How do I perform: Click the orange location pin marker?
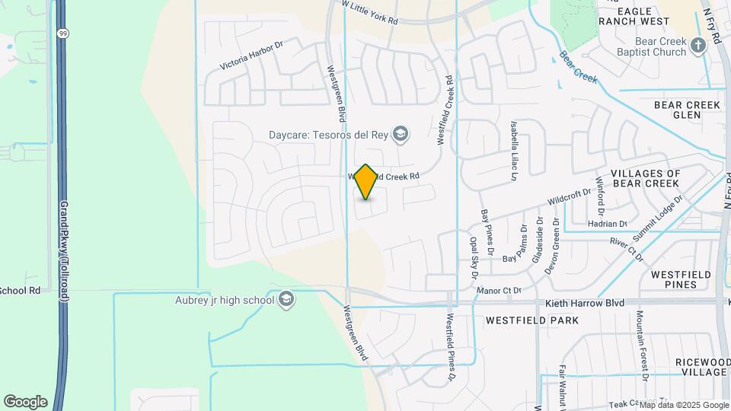(366, 182)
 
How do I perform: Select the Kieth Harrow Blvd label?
(585, 303)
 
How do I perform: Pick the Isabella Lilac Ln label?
(515, 150)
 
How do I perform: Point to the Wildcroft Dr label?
(569, 197)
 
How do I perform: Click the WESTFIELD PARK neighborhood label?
(531, 320)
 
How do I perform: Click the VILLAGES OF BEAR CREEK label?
(644, 179)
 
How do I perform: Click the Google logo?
(25, 401)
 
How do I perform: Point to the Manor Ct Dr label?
(498, 290)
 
